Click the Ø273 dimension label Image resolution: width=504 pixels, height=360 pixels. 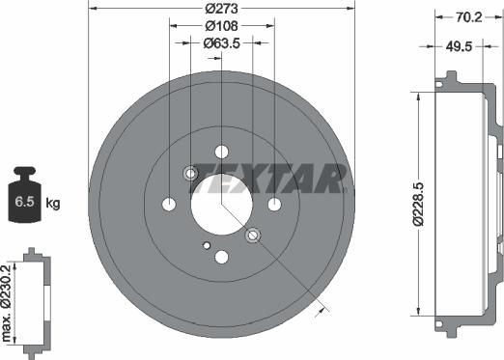(x=221, y=9)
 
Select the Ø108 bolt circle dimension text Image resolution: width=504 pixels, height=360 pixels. (x=221, y=26)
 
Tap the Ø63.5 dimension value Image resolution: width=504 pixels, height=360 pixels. (x=221, y=42)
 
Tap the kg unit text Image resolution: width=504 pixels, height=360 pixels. (x=53, y=203)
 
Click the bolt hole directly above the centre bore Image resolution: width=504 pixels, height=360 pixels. (x=221, y=152)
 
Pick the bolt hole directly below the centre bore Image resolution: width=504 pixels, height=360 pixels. (x=221, y=256)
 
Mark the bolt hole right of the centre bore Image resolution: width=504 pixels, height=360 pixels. (x=274, y=204)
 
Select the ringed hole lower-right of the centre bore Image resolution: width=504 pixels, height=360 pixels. (x=253, y=235)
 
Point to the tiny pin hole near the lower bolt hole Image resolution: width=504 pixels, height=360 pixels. (x=206, y=245)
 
